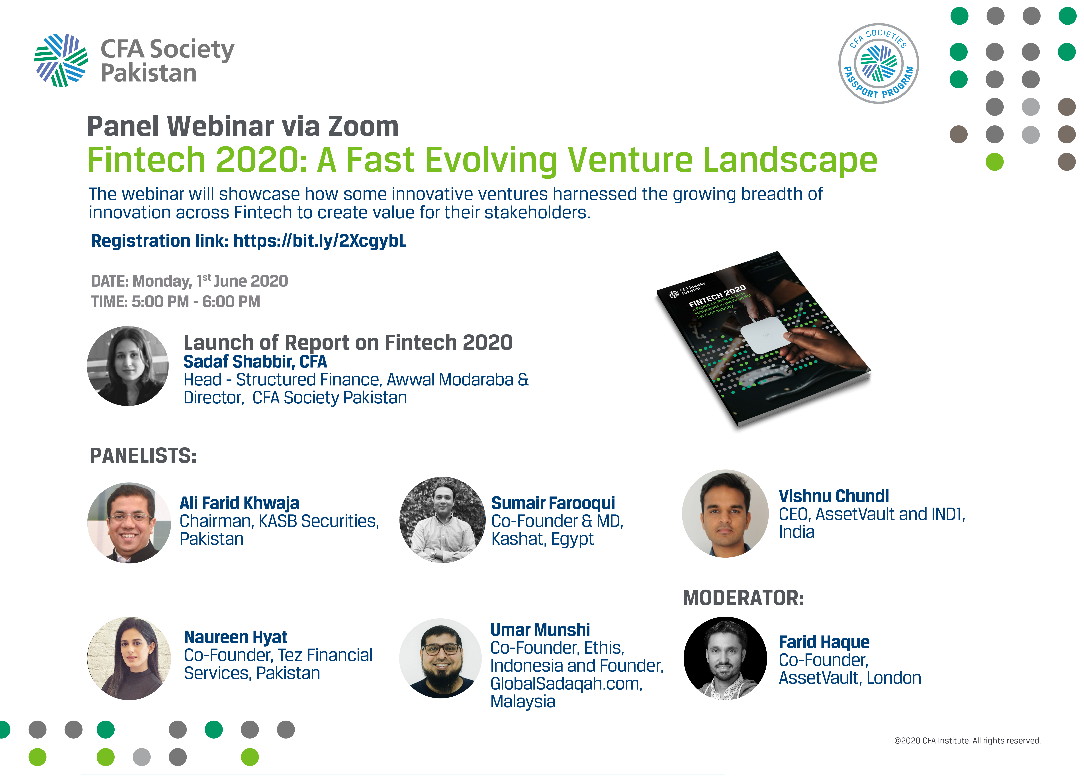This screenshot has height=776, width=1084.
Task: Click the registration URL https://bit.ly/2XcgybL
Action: click(x=320, y=241)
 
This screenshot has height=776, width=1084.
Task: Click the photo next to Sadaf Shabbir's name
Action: click(x=128, y=366)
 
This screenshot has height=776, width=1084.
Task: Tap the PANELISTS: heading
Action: click(x=143, y=456)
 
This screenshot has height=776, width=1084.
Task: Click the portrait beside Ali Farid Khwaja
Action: click(x=129, y=523)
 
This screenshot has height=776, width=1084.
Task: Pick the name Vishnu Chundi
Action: click(x=834, y=496)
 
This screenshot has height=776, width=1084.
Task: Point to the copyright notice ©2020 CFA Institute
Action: click(x=967, y=741)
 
